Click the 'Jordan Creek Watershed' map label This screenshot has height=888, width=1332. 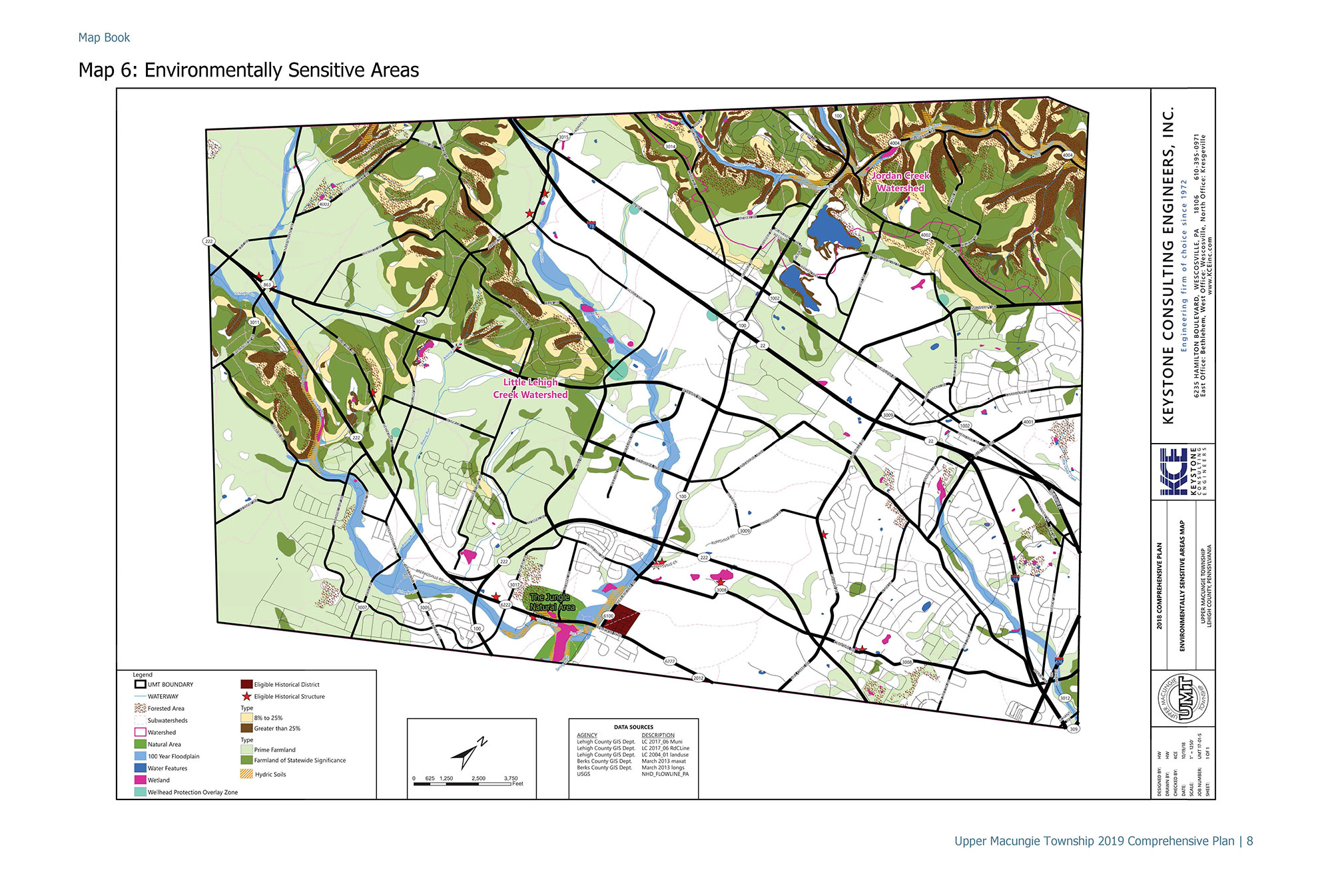click(900, 182)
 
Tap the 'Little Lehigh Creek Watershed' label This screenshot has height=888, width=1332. click(530, 388)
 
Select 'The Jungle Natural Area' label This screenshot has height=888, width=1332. click(552, 602)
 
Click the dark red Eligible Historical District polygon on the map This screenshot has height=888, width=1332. click(625, 620)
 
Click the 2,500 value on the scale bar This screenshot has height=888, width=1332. click(478, 778)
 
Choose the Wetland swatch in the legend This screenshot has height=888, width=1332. click(140, 780)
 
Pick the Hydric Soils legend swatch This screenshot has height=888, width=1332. click(246, 774)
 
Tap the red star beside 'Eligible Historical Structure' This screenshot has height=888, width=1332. click(246, 696)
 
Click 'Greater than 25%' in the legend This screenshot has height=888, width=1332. click(277, 728)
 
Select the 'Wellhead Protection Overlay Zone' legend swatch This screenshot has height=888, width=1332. click(140, 792)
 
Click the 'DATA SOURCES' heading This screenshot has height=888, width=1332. click(633, 727)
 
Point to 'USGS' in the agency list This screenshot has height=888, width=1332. click(583, 774)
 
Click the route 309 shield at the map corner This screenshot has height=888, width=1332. click(1073, 729)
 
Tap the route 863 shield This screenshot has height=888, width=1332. click(267, 284)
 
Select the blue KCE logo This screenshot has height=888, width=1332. click(1173, 472)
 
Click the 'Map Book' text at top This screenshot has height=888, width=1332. click(104, 38)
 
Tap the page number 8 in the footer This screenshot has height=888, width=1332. click(1249, 841)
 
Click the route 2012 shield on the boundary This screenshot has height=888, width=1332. click(698, 678)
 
